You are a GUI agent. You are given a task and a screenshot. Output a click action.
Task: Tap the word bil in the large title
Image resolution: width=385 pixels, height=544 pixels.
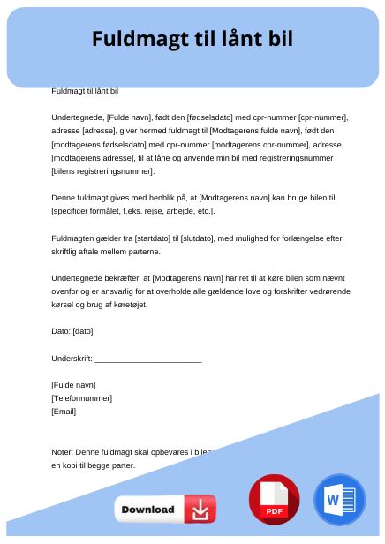276,39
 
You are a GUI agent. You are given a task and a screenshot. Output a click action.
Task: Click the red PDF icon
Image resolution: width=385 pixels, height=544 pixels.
274,500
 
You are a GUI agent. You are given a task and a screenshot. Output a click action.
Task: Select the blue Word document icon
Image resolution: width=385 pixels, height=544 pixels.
338,500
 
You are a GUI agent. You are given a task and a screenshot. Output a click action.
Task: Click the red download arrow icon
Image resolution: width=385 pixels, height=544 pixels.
200,510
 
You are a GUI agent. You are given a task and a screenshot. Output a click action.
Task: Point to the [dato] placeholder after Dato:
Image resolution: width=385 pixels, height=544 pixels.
83,331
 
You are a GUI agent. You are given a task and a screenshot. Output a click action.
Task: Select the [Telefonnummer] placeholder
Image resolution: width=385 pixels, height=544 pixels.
82,397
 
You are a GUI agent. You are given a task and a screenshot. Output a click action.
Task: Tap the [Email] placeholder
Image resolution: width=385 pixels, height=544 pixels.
64,411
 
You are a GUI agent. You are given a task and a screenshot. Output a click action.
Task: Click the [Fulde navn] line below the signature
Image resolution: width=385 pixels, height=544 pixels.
74,384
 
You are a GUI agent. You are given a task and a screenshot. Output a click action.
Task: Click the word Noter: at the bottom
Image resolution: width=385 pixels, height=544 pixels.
62,451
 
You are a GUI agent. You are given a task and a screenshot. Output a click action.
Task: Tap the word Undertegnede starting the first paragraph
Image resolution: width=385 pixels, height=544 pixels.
78,117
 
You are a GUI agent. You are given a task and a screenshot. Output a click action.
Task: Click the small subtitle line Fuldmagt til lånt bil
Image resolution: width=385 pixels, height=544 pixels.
85,91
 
